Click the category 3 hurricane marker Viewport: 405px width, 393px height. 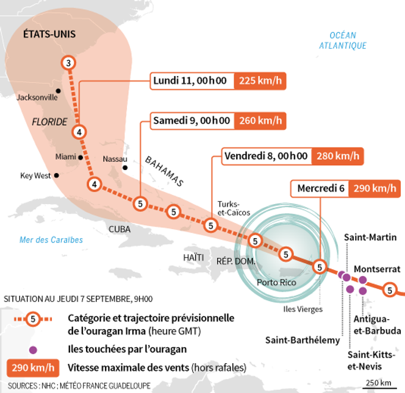click(68, 63)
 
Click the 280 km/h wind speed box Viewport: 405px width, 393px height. click(338, 156)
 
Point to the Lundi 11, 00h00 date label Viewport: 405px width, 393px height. click(190, 81)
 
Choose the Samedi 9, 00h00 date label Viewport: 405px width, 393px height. click(192, 121)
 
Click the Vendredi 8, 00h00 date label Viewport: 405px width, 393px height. click(266, 156)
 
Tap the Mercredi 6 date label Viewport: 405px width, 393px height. click(321, 189)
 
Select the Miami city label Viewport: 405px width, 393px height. click(65, 157)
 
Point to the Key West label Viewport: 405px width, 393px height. click(35, 175)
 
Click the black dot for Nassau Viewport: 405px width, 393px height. click(125, 168)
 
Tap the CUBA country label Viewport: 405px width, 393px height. click(120, 229)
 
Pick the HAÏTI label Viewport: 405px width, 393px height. click(193, 258)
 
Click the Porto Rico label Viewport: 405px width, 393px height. click(276, 282)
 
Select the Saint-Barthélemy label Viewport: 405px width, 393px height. click(302, 340)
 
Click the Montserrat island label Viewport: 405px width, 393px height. click(377, 269)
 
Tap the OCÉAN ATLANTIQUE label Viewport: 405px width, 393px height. click(343, 40)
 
